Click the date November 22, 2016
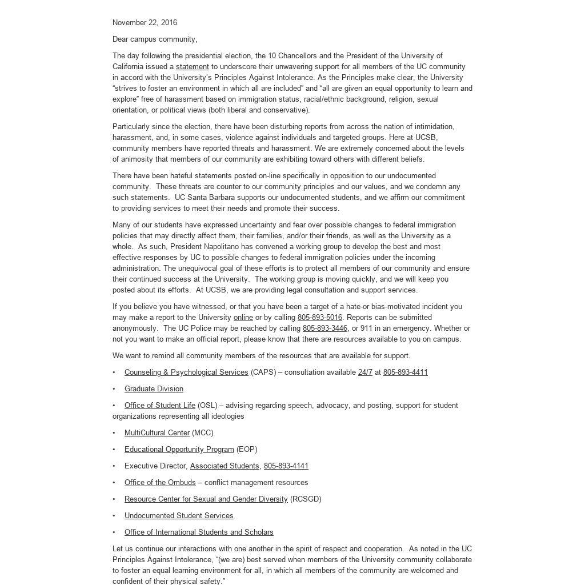click(x=145, y=23)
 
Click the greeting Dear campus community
click(x=154, y=39)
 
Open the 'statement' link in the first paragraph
click(x=192, y=67)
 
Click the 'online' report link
click(x=243, y=318)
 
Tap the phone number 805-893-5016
click(x=319, y=318)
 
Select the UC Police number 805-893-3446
click(x=324, y=328)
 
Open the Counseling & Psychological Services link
click(x=186, y=372)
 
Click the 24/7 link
click(x=365, y=372)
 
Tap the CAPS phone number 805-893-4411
click(x=405, y=372)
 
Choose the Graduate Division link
click(x=154, y=389)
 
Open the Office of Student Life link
click(x=159, y=406)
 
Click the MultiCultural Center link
click(x=157, y=433)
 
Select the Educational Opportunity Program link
click(x=179, y=450)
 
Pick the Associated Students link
click(x=225, y=466)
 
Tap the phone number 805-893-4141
click(x=286, y=466)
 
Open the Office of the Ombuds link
click(x=160, y=483)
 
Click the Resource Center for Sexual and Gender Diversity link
click(x=206, y=499)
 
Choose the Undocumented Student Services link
click(x=179, y=516)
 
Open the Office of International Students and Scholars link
click(x=199, y=532)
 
